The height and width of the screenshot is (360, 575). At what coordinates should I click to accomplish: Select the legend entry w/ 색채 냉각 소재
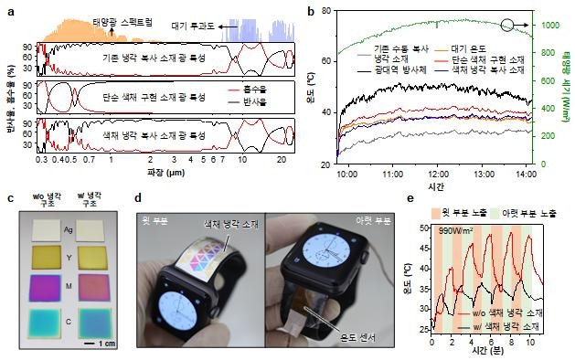pos(527,326)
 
